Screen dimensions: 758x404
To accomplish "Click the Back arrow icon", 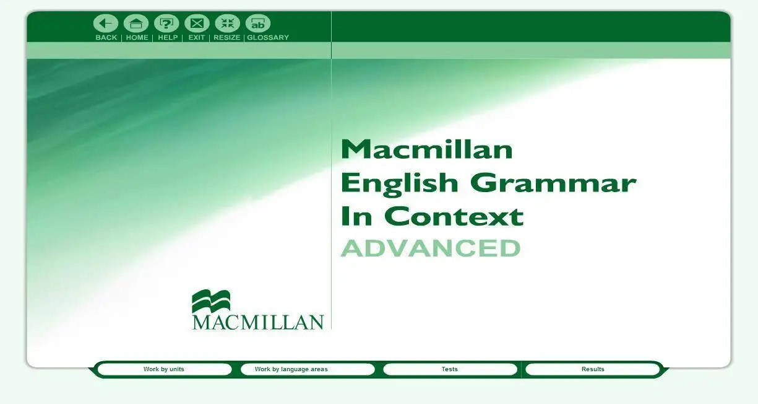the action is point(106,24).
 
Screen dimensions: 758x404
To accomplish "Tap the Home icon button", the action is point(136,24).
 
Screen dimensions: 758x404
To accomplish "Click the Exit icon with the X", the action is point(197,24).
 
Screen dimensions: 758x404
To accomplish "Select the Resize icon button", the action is point(228,24).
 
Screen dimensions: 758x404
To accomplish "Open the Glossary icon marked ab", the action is point(258,24).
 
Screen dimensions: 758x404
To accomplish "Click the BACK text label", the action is point(106,37).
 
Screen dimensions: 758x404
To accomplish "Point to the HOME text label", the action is point(137,37).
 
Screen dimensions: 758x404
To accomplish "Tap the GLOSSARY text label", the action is point(268,37).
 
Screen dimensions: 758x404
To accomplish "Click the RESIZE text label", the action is point(226,37).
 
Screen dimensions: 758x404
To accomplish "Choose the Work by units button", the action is point(164,369).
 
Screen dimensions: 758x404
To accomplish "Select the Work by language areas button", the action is point(308,369).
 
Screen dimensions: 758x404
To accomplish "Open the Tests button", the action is point(450,369).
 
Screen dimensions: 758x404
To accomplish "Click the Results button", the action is point(593,369).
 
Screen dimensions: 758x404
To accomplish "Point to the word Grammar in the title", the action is point(553,183).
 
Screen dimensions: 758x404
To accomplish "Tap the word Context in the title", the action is point(454,216).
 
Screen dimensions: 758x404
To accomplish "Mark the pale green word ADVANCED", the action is point(431,248).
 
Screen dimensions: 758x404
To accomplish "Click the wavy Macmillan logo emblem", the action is point(211,301).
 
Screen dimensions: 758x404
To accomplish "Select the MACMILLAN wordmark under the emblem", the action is point(258,322).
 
